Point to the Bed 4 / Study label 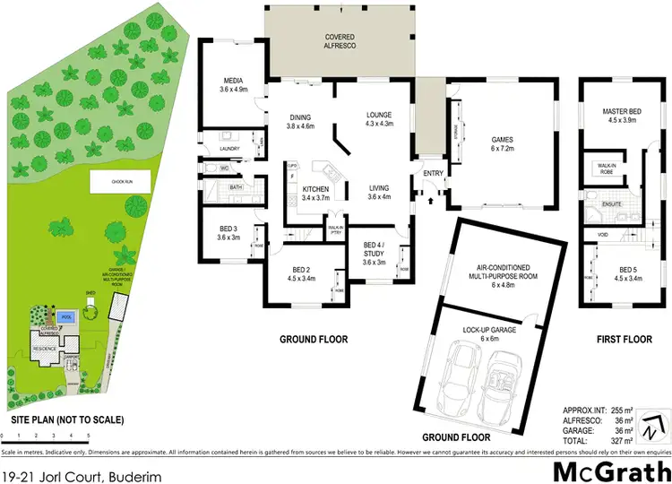coord(373,249)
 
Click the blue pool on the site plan coord(64,316)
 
